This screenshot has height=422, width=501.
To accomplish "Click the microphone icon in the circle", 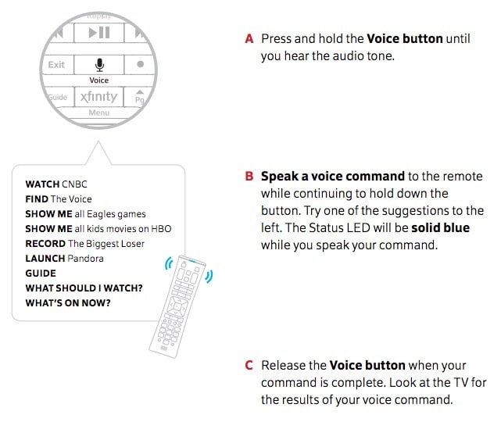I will (98, 64).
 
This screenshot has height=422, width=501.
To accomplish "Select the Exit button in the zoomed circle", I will (57, 65).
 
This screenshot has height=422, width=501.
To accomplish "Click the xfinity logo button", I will (98, 97).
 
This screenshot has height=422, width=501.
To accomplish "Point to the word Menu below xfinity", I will (98, 113).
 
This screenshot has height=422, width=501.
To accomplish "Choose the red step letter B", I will (249, 177).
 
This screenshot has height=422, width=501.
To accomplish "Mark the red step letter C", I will (249, 365).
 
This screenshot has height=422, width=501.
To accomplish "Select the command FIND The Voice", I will (59, 199).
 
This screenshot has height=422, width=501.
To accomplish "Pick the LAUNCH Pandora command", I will (64, 259).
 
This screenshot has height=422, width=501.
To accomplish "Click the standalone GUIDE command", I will (41, 274).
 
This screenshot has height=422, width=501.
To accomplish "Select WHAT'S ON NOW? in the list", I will (68, 303).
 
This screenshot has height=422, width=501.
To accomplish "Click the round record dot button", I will (140, 65).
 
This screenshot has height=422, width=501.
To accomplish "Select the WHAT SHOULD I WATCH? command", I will (84, 288).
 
